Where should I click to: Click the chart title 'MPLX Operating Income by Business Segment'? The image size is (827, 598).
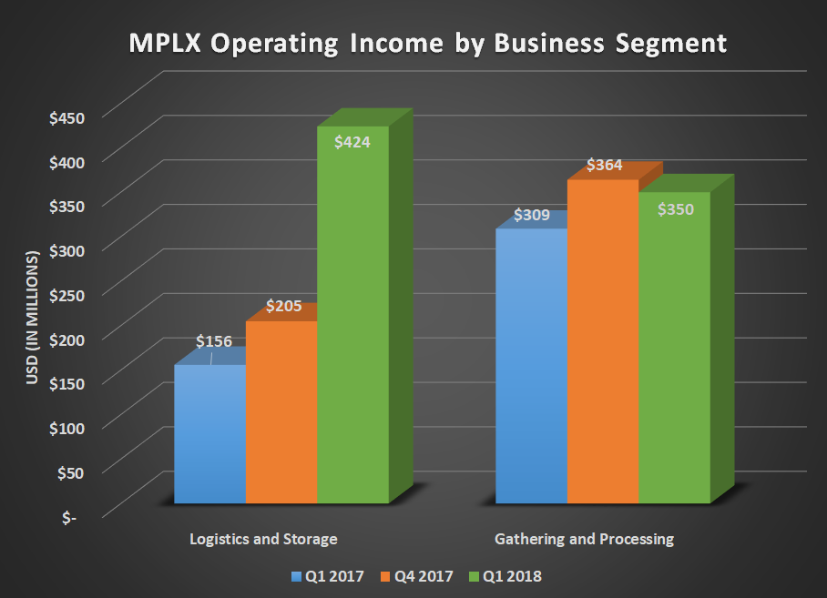tap(414, 43)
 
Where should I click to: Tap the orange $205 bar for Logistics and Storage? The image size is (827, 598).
tap(281, 414)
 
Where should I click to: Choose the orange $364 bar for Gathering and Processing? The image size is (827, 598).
tap(602, 346)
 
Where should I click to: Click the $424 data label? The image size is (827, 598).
tap(352, 142)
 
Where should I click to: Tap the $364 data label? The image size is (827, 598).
tap(604, 165)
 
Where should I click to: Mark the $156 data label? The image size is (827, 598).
tap(214, 341)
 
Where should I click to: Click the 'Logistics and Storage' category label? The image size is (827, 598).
tap(263, 539)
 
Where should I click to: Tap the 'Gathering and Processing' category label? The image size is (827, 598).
tap(584, 539)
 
